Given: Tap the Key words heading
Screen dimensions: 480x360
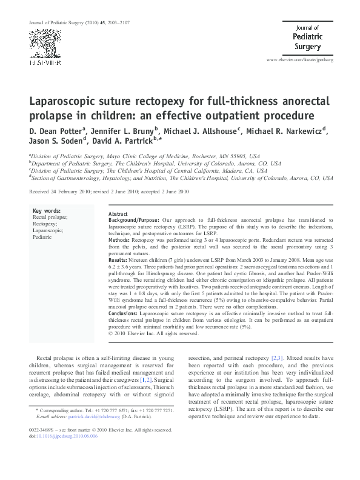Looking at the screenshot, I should (47, 211).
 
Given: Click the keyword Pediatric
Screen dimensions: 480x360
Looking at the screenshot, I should (43, 238).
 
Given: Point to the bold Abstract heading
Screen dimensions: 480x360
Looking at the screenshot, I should (118, 215).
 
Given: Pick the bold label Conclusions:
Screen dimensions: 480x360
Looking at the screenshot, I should (125, 313).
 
